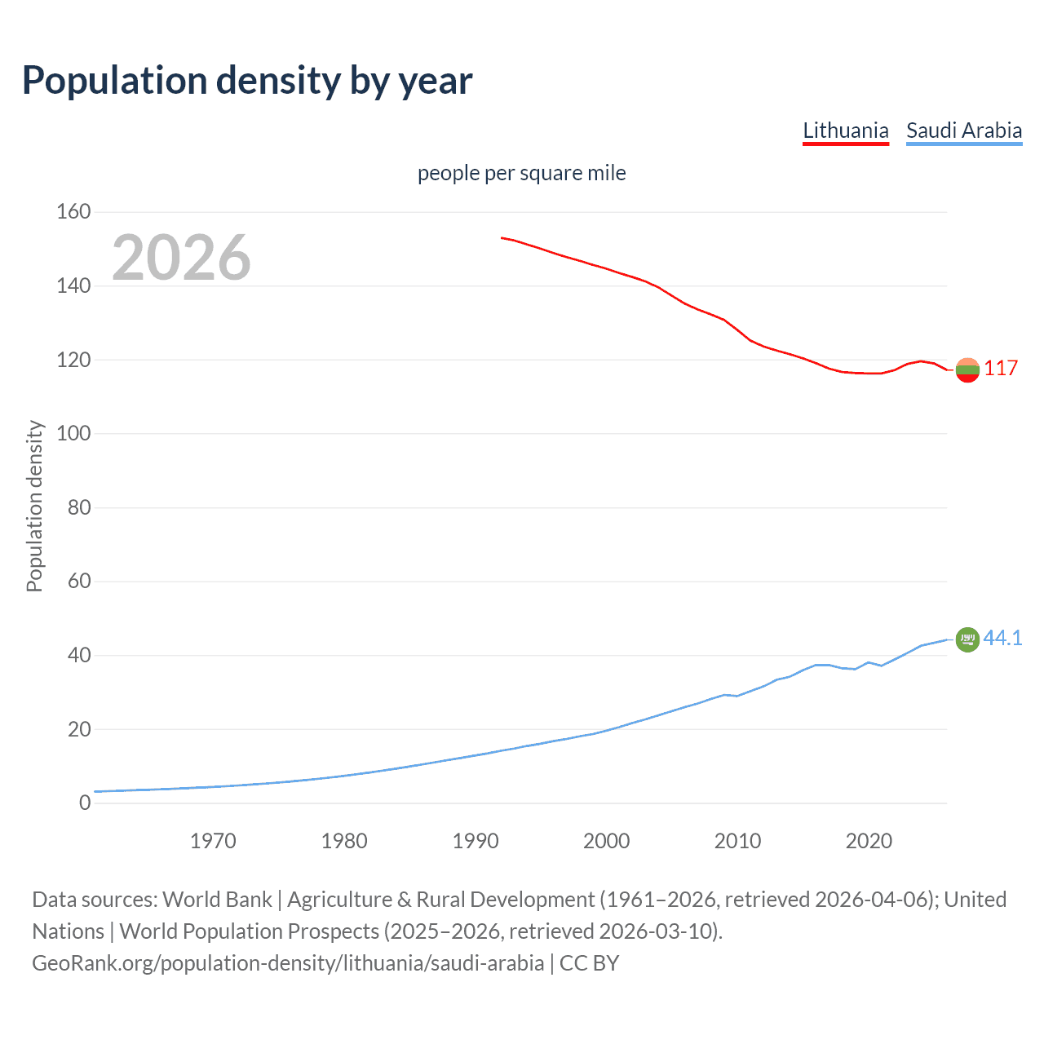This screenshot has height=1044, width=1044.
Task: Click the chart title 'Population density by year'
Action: pos(247,81)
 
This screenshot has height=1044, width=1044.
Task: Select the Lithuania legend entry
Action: pos(845,130)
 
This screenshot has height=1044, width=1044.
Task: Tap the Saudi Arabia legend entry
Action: pos(963,130)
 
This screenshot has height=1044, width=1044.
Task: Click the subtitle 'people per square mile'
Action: pos(521,173)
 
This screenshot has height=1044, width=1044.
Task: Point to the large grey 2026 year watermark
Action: pos(181,258)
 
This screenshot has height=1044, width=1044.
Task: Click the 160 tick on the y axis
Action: pos(73,212)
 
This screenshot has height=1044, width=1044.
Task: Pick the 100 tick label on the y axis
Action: pos(73,434)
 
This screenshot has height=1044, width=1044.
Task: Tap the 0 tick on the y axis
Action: pos(85,803)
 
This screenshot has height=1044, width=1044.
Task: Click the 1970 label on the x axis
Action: pos(213,841)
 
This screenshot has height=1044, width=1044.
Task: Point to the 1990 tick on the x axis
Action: pos(476,841)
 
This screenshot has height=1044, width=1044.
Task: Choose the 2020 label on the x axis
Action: pos(869,841)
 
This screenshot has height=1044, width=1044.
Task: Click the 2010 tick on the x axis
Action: pos(737,841)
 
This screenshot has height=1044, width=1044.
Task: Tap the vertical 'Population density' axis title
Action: pos(34,506)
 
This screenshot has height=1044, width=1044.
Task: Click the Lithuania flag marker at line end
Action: pos(967,369)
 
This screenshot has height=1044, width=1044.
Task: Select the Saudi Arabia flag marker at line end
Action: pos(967,639)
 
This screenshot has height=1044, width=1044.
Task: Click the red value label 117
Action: pos(1000,369)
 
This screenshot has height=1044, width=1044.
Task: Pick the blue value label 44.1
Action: pos(1002,638)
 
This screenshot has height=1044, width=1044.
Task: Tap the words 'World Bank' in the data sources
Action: pos(217,900)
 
